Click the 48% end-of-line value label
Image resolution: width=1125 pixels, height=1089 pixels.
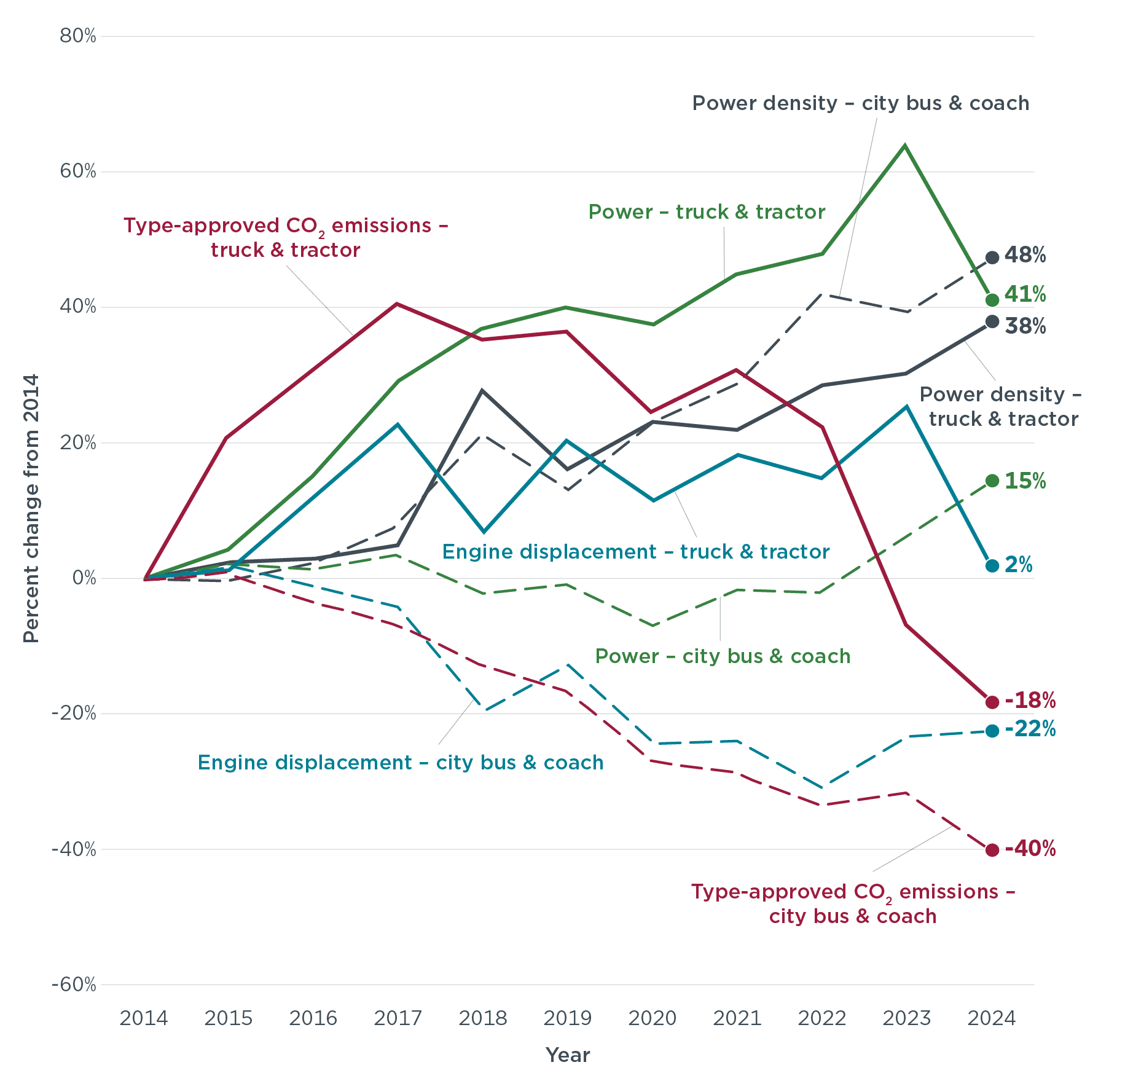1025,255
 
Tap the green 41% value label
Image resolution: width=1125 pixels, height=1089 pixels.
1025,295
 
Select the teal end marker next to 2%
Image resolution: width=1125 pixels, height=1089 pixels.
992,565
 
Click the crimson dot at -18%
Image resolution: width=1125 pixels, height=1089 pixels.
992,702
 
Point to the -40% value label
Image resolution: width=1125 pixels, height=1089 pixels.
1030,849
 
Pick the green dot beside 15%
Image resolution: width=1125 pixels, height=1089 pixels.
992,481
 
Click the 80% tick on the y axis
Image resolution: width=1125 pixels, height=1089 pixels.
78,36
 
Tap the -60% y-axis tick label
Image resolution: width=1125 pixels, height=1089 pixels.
74,985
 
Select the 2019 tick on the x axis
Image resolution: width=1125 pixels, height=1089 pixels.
568,1019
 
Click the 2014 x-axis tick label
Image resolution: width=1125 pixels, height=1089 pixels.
144,1019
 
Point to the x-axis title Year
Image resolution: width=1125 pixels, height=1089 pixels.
568,1055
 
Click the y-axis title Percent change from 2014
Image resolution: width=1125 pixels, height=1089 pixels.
31,508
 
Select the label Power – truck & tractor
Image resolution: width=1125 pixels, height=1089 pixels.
707,212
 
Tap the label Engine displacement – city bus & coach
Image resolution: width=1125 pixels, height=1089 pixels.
401,763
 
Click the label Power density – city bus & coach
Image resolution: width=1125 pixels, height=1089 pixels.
861,103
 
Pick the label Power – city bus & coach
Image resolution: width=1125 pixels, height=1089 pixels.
723,656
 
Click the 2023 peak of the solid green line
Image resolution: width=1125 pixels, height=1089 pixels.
905,146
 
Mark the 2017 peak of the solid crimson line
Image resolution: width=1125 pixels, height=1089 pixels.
398,304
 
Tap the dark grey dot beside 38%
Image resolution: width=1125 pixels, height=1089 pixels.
992,321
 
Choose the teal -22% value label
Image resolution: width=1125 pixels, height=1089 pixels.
1030,729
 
